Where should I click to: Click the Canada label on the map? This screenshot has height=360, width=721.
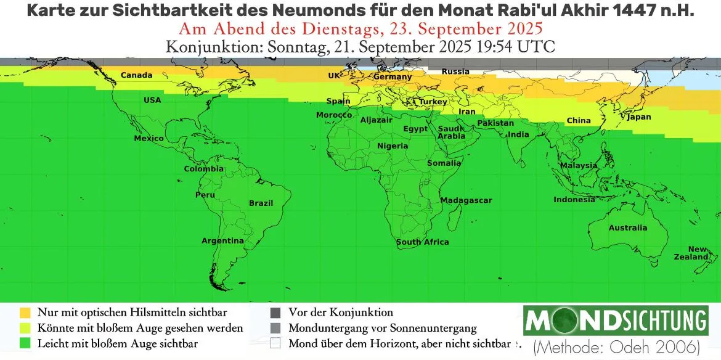click(136, 75)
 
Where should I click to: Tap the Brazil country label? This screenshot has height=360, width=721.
click(261, 203)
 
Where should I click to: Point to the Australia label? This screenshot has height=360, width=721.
click(628, 227)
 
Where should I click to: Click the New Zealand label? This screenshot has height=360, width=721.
click(698, 253)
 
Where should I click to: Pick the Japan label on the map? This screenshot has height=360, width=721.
click(638, 117)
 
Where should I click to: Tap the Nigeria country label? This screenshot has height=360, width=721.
click(393, 146)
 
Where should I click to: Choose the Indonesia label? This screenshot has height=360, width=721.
click(574, 200)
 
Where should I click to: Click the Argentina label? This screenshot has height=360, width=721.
click(222, 240)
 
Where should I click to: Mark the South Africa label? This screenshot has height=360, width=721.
click(422, 242)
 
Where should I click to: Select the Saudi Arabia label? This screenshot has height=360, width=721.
click(451, 132)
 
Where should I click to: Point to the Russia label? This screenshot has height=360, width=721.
click(455, 72)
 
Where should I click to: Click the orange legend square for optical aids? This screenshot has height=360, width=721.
click(25, 313)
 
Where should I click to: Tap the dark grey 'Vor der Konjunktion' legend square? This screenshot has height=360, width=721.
click(275, 313)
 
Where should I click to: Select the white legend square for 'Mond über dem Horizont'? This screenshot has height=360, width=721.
click(275, 343)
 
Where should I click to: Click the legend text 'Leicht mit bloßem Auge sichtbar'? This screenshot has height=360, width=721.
click(117, 343)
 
